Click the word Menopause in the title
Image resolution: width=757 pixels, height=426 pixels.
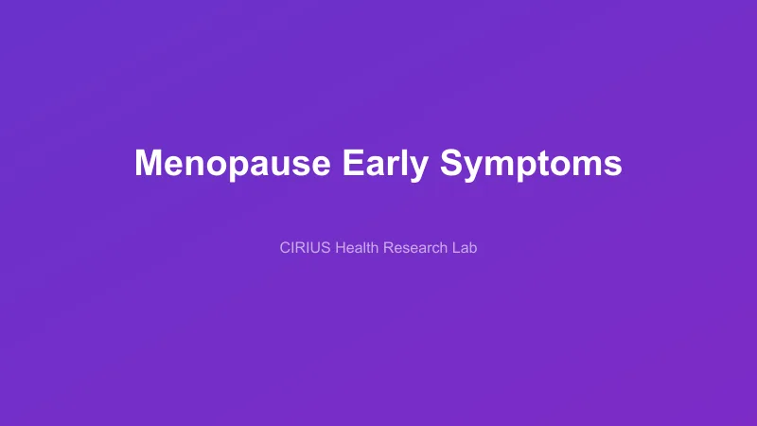[233, 163]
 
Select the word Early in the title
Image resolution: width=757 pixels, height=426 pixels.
[385, 163]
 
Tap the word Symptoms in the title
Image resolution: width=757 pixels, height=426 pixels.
[531, 163]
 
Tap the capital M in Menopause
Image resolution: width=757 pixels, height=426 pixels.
[149, 163]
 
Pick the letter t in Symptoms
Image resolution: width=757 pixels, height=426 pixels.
[555, 164]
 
